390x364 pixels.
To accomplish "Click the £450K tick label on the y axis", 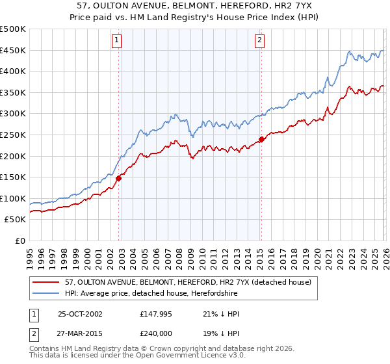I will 13,51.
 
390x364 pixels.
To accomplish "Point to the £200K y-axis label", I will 13,156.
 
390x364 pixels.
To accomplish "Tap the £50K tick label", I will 16,220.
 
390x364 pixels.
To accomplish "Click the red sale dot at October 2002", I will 119,178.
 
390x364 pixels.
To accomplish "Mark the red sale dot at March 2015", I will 261,139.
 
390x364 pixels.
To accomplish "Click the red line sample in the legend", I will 47,282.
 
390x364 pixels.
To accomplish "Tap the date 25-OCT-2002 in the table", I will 80,314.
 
